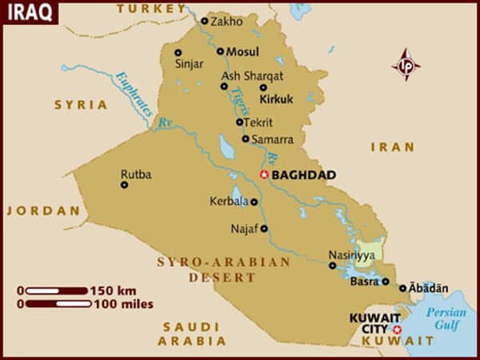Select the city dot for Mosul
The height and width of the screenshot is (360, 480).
tap(220, 51)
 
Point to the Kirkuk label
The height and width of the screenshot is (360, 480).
tap(277, 99)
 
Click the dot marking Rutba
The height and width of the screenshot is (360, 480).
tap(124, 185)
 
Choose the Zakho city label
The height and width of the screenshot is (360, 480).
tap(226, 22)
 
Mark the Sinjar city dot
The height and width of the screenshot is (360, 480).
tap(178, 53)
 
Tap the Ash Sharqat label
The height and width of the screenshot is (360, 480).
tap(252, 76)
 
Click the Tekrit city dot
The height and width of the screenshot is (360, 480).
tap(239, 122)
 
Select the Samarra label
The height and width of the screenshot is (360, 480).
tap(272, 139)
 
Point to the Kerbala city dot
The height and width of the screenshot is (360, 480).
tap(254, 202)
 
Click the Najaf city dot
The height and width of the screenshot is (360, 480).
tap(264, 228)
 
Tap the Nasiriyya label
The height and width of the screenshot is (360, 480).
tap(350, 255)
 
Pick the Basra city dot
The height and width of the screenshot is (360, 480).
tap(385, 282)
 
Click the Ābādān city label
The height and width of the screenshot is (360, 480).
tap(429, 288)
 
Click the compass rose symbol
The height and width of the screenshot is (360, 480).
tap(406, 64)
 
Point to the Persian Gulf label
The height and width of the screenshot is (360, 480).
tap(446, 320)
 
